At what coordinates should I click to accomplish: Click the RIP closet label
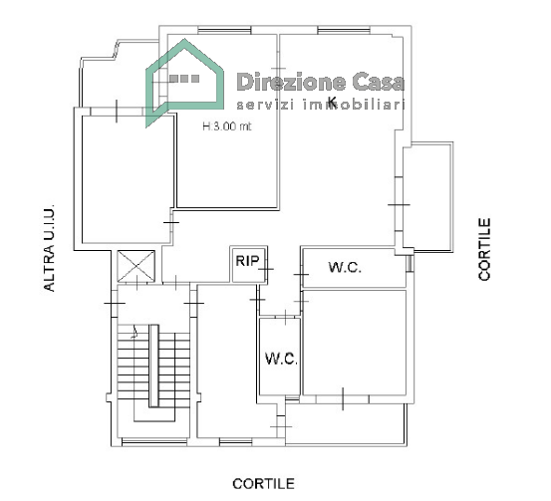(247, 261)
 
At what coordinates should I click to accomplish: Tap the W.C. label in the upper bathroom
(345, 267)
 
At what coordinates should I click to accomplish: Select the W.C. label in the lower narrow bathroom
(281, 359)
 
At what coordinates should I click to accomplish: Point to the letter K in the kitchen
(332, 101)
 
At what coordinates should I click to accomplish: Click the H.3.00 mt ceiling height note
(227, 126)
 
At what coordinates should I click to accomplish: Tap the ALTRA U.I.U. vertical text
(49, 248)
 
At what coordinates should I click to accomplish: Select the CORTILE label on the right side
(484, 249)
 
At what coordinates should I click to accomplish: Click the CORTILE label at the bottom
(263, 484)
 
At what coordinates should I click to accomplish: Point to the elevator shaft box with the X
(136, 266)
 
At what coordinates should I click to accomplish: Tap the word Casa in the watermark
(379, 82)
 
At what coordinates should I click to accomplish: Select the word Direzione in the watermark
(291, 82)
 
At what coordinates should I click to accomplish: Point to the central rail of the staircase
(153, 366)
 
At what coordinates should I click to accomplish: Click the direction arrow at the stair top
(135, 333)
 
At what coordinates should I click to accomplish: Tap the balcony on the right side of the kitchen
(427, 197)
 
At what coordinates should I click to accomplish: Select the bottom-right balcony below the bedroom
(346, 424)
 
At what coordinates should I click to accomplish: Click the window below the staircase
(153, 441)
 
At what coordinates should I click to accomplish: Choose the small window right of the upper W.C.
(410, 263)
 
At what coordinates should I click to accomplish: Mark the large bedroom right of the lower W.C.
(355, 343)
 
